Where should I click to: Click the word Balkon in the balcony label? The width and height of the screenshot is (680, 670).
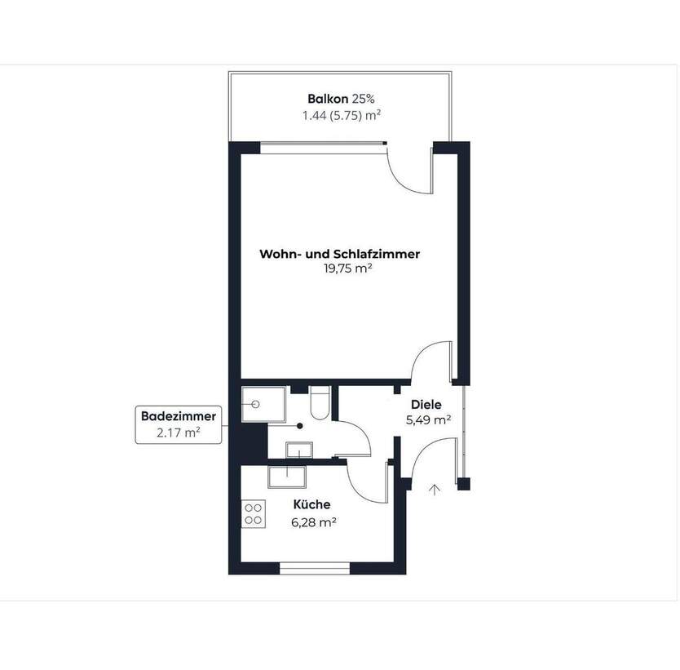pyautogui.click(x=322, y=100)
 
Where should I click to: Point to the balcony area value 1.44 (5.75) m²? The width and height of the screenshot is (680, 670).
pyautogui.click(x=340, y=116)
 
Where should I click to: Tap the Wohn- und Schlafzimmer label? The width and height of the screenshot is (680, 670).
pyautogui.click(x=339, y=254)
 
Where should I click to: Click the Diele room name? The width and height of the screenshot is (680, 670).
pyautogui.click(x=426, y=405)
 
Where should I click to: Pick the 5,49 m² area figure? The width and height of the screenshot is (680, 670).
pyautogui.click(x=428, y=420)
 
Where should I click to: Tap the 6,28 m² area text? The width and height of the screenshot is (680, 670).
pyautogui.click(x=315, y=521)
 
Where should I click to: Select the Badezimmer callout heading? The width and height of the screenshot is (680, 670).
pyautogui.click(x=179, y=416)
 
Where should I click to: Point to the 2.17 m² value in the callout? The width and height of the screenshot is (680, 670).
pyautogui.click(x=179, y=433)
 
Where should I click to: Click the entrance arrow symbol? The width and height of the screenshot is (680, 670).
pyautogui.click(x=435, y=489)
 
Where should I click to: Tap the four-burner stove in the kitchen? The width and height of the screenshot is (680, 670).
pyautogui.click(x=254, y=512)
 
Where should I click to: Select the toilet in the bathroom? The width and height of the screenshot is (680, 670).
pyautogui.click(x=320, y=405)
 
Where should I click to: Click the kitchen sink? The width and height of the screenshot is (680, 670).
pyautogui.click(x=285, y=475)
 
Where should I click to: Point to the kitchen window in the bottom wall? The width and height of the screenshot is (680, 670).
pyautogui.click(x=315, y=566)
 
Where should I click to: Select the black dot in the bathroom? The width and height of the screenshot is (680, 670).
pyautogui.click(x=300, y=425)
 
